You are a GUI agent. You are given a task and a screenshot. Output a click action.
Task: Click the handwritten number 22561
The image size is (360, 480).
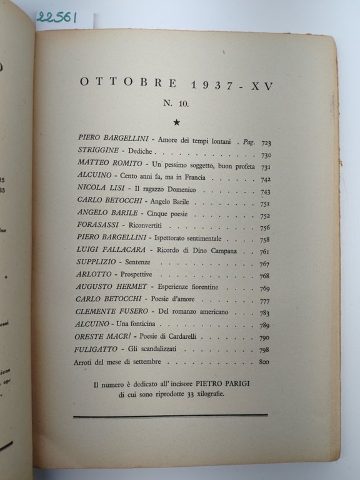coord(56,17)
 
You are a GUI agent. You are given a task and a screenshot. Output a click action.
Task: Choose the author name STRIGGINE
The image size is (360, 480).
coord(99,152)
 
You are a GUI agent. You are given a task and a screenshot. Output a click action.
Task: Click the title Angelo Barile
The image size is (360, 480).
coord(175,202)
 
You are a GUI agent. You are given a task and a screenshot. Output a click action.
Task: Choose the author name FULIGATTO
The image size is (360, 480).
coord(99,349)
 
